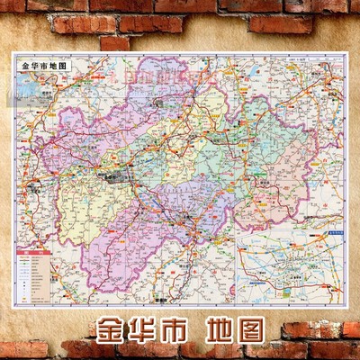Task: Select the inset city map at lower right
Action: click(x=287, y=266)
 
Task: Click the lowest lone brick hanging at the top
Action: click(x=114, y=42)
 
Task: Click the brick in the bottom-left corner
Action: click(x=22, y=349)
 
